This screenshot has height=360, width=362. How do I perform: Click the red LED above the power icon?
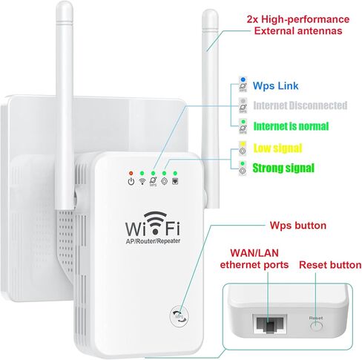(x=131, y=172)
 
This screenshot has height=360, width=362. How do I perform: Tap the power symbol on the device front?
(x=131, y=182)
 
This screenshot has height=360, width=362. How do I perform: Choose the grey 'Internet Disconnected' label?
(x=300, y=105)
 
